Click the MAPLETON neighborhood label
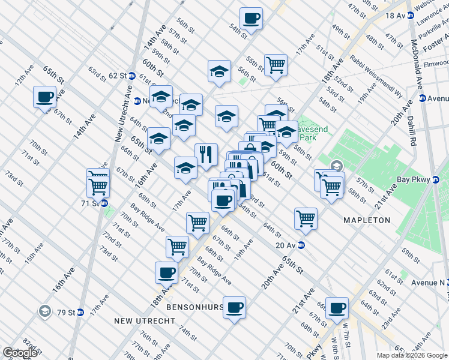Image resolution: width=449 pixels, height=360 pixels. [x=367, y=220]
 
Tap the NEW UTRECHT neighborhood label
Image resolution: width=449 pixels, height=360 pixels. [x=145, y=321]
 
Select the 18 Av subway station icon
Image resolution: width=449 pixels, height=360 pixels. [x=411, y=16]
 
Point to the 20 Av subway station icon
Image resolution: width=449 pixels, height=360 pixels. [x=302, y=245]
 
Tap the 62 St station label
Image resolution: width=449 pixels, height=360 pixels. [x=117, y=76]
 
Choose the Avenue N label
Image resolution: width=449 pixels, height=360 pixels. [x=427, y=282]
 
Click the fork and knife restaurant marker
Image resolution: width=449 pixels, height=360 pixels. [x=206, y=154]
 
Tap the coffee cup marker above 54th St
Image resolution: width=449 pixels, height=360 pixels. [x=251, y=17]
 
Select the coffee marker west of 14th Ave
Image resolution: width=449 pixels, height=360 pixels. [x=45, y=97]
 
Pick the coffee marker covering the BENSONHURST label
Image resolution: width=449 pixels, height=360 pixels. [x=234, y=307]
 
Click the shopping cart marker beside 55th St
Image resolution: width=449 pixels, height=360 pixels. [x=276, y=64]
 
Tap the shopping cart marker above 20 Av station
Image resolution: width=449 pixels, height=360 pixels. [x=306, y=218]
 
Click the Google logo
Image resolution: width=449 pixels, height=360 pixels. [x=20, y=353]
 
